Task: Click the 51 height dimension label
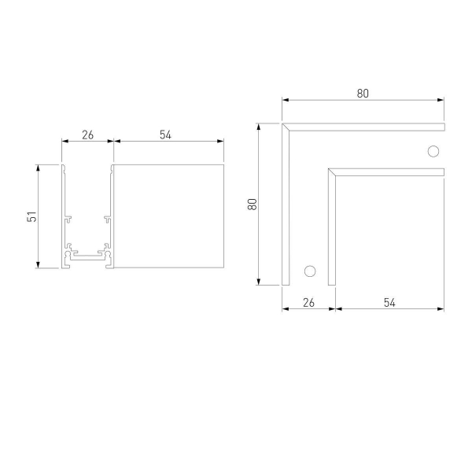click(x=32, y=216)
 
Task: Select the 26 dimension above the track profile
click(x=87, y=135)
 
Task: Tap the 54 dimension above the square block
click(x=166, y=135)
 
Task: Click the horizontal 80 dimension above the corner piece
click(x=363, y=93)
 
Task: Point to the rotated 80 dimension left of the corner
click(x=253, y=203)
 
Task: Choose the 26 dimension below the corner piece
click(x=308, y=302)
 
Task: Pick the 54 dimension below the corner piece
click(x=390, y=302)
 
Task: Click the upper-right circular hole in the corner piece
click(x=432, y=151)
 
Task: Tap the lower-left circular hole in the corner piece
click(x=310, y=271)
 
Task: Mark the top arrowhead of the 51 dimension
click(x=38, y=168)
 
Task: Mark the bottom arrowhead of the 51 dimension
click(x=38, y=265)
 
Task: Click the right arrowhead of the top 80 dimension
click(x=441, y=100)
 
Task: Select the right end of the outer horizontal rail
click(x=443, y=126)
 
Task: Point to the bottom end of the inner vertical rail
click(x=332, y=283)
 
